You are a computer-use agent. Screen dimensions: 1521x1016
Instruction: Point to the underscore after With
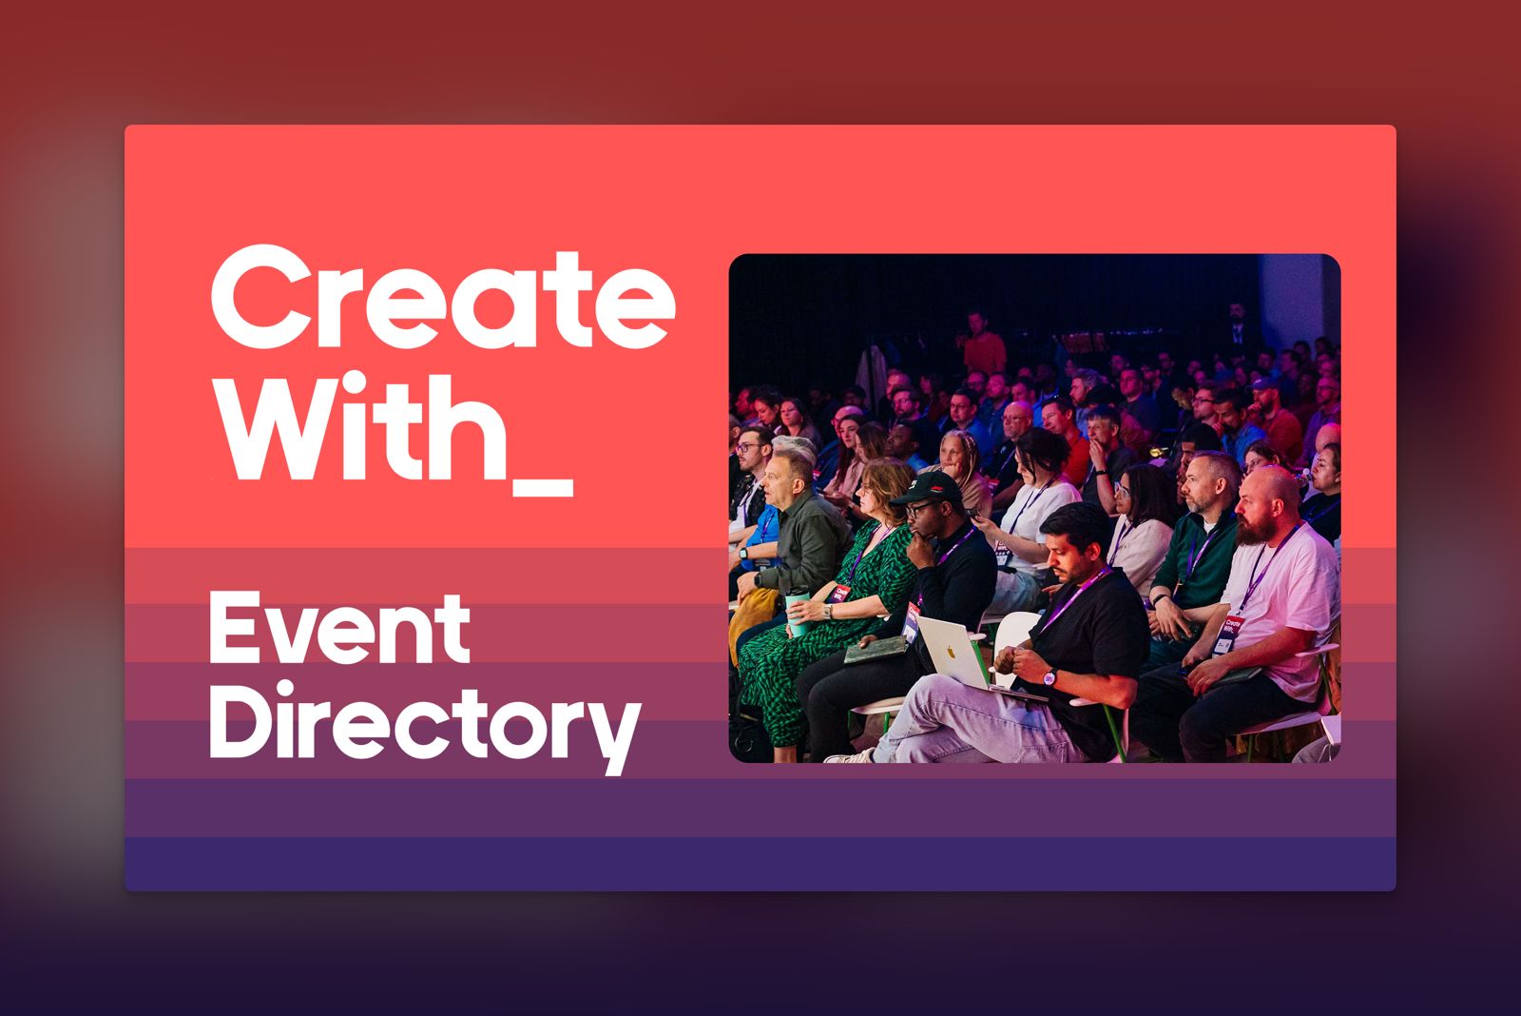click(543, 488)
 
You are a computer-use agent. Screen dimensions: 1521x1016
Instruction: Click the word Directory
click(426, 724)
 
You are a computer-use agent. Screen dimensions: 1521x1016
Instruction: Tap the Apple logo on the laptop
click(952, 654)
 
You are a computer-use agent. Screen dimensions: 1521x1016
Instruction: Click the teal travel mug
click(798, 611)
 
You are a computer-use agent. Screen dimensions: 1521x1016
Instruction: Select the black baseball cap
click(926, 488)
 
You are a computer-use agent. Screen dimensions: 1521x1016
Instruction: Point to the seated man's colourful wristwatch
click(1049, 677)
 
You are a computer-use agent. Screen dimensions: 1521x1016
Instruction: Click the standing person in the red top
click(984, 343)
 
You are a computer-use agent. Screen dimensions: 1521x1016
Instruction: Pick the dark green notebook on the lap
click(876, 650)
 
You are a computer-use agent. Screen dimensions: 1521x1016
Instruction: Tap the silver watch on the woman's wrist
click(827, 611)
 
